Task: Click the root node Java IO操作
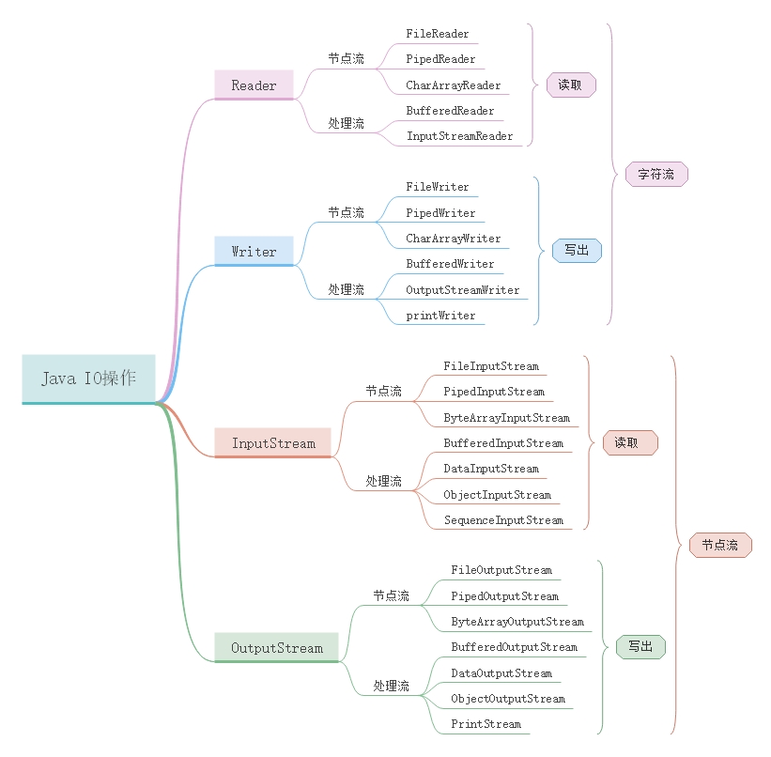pos(88,378)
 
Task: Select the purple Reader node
pos(254,85)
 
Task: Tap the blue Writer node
pos(254,252)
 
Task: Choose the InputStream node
pos(273,443)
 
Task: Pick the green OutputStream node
pos(276,648)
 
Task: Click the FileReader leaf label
pos(437,34)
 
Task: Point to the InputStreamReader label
pos(459,136)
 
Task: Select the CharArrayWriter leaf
pos(453,239)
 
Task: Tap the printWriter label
pos(440,316)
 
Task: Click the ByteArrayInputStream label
pos(506,418)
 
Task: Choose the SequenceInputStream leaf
pos(503,520)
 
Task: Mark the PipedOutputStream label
pos(504,596)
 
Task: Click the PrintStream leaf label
pos(486,724)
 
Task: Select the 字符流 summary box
pos(655,175)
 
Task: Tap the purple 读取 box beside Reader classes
pos(570,85)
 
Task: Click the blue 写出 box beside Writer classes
pos(577,251)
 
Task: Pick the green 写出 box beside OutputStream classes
pos(640,647)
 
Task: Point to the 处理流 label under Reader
pos(346,123)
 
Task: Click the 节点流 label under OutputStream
pos(391,596)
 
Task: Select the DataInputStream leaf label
pos(491,469)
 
